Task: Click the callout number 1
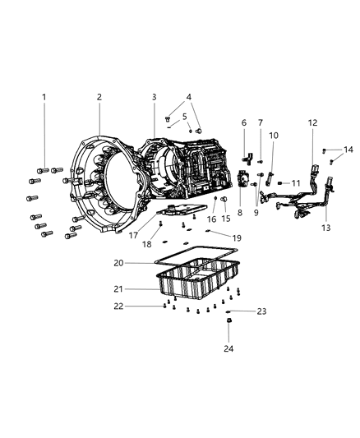[44, 97]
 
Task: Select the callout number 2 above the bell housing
[99, 97]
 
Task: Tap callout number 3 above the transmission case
[154, 97]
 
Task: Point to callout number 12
[312, 122]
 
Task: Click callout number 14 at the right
[349, 150]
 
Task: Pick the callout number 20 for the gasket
[119, 263]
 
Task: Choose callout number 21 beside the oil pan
[119, 288]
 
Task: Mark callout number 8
[240, 212]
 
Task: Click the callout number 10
[274, 135]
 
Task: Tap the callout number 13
[325, 228]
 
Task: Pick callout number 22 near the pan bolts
[119, 306]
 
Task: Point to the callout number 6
[244, 122]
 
